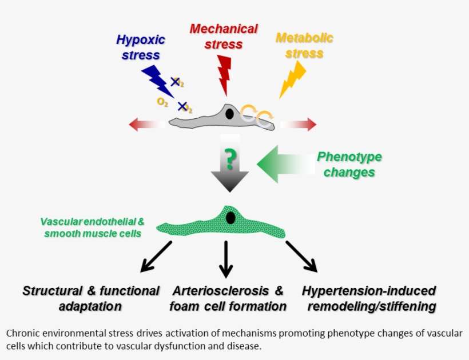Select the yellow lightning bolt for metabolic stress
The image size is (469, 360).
click(x=292, y=80)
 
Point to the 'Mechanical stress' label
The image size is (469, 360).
click(x=224, y=35)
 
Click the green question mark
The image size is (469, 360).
click(x=229, y=159)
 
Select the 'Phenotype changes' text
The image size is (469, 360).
click(x=349, y=165)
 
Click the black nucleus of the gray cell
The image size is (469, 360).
click(x=229, y=114)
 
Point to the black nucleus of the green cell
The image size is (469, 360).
click(x=230, y=218)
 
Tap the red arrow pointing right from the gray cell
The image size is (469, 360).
click(x=300, y=124)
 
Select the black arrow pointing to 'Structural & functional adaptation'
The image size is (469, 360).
click(x=156, y=255)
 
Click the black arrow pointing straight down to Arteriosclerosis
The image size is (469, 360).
click(x=227, y=258)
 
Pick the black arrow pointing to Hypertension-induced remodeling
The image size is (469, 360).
click(x=301, y=255)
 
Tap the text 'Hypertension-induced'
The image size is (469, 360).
click(x=369, y=291)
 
